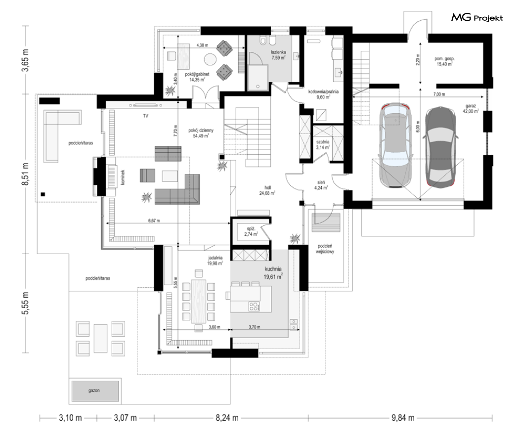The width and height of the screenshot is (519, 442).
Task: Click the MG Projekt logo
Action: coord(477,17)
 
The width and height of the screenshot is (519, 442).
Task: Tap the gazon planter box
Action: coord(95,391)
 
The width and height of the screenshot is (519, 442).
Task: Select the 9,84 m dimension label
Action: coord(403,418)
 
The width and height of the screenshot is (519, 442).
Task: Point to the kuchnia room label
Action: coord(273,269)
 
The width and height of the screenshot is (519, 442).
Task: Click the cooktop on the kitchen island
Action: coord(254,307)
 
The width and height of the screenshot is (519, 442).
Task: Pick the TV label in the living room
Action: coord(146,116)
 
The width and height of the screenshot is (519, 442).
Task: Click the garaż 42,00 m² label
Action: coord(471,109)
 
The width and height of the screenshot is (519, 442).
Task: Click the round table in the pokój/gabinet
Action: coord(210,60)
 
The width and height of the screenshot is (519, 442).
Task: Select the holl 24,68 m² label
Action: coord(267,190)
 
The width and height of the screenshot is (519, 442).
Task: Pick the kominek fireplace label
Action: coord(123,177)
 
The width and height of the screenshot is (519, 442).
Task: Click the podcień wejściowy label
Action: coord(325,249)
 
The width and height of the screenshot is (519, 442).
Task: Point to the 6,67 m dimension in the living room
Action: coord(154,221)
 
